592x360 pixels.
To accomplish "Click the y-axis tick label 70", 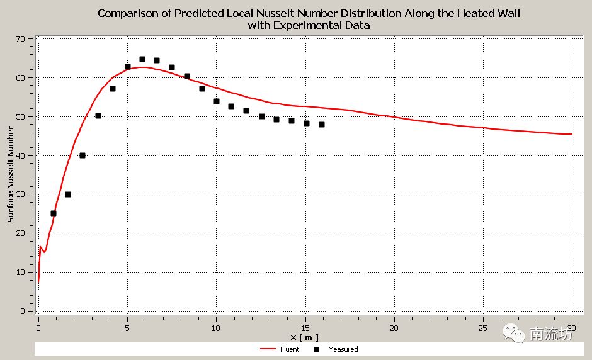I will [x=20, y=39].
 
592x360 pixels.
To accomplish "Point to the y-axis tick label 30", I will [x=20, y=194].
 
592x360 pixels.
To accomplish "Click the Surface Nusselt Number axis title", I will [x=11, y=174].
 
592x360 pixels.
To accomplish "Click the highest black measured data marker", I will [x=142, y=59].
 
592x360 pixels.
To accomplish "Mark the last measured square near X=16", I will [x=322, y=125].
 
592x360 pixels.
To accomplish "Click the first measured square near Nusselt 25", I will [x=54, y=213].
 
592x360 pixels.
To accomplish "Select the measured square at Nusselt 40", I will [x=83, y=155].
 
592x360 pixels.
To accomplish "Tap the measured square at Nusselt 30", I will [x=68, y=194].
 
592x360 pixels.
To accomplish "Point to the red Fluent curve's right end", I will [x=571, y=134].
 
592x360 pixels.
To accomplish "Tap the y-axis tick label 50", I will [x=20, y=117].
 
